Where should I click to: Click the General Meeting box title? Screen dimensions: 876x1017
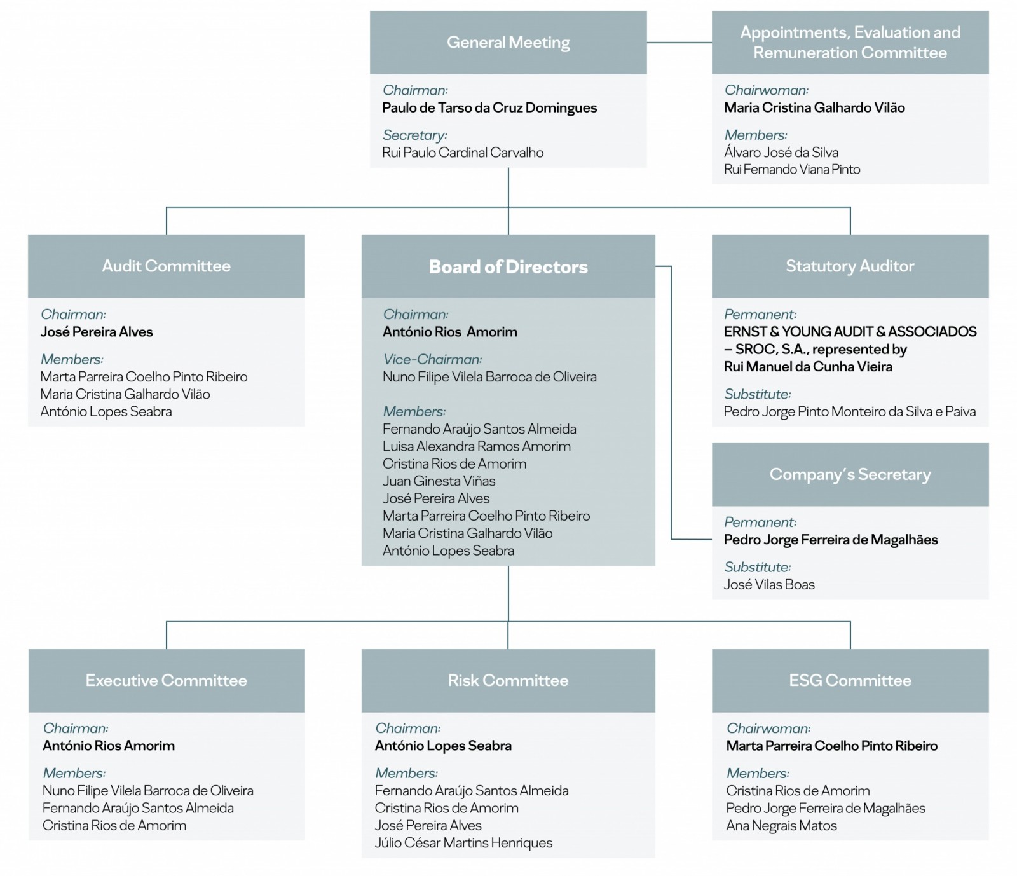pos(508,43)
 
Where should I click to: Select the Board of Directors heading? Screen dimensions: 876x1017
pos(508,266)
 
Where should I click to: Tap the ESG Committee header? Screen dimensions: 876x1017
pos(850,680)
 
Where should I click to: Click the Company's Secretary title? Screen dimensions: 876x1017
pos(850,474)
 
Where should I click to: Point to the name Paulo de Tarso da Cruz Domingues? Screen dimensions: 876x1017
pos(489,107)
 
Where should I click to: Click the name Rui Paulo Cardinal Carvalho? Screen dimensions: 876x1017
pos(463,153)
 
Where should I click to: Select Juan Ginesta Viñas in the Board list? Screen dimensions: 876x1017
pos(439,481)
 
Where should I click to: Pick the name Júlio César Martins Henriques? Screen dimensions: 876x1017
pos(463,843)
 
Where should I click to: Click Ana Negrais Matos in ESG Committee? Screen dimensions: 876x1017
pos(781,826)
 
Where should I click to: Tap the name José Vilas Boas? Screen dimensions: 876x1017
pos(769,585)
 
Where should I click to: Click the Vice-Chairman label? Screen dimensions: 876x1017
pos(432,359)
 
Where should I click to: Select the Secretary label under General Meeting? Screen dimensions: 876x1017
pos(414,135)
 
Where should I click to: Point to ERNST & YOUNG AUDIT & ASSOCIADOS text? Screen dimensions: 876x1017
pos(850,332)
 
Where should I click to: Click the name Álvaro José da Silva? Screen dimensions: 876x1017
pos(781,153)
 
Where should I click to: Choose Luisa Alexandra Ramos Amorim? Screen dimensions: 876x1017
pos(476,446)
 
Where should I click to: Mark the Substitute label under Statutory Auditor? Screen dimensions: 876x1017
pos(757,394)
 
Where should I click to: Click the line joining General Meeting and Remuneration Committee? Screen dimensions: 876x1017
pos(679,43)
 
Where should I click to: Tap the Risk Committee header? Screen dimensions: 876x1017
pos(508,680)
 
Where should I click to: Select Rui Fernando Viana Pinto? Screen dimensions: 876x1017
pos(792,170)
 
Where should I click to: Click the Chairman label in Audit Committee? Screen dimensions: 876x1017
pos(73,315)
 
